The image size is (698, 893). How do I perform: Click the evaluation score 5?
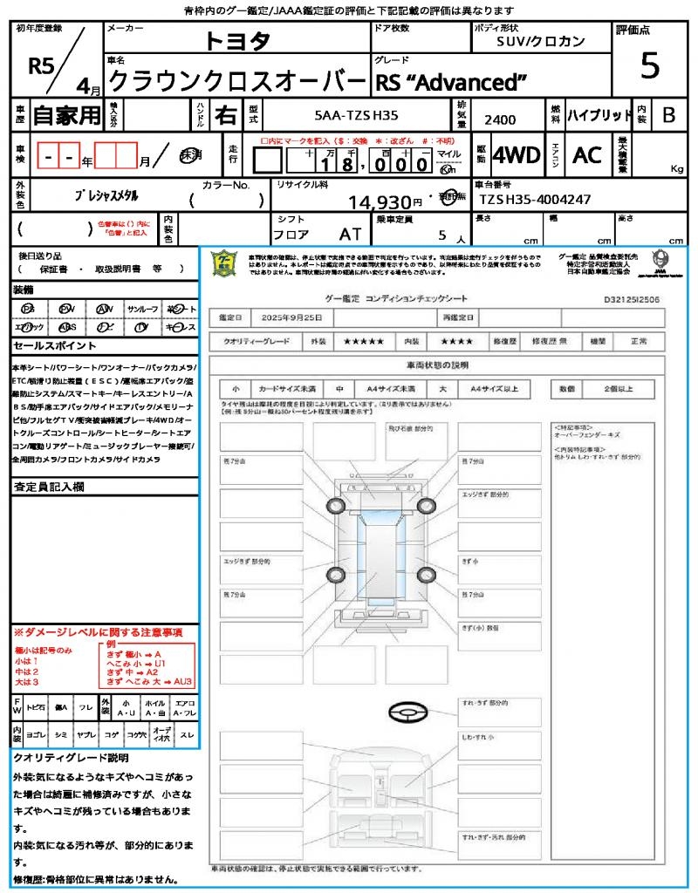click(649, 65)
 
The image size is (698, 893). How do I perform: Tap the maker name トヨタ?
click(237, 41)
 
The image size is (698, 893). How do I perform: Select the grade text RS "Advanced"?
click(451, 83)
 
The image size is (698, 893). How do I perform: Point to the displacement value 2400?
click(500, 119)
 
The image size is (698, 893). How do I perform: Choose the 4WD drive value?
click(517, 155)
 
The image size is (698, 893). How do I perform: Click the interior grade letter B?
click(668, 114)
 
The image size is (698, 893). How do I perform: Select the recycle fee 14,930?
click(386, 202)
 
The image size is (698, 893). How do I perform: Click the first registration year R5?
click(42, 67)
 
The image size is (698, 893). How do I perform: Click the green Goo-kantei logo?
click(224, 264)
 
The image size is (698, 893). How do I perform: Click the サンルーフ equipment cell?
click(142, 309)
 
